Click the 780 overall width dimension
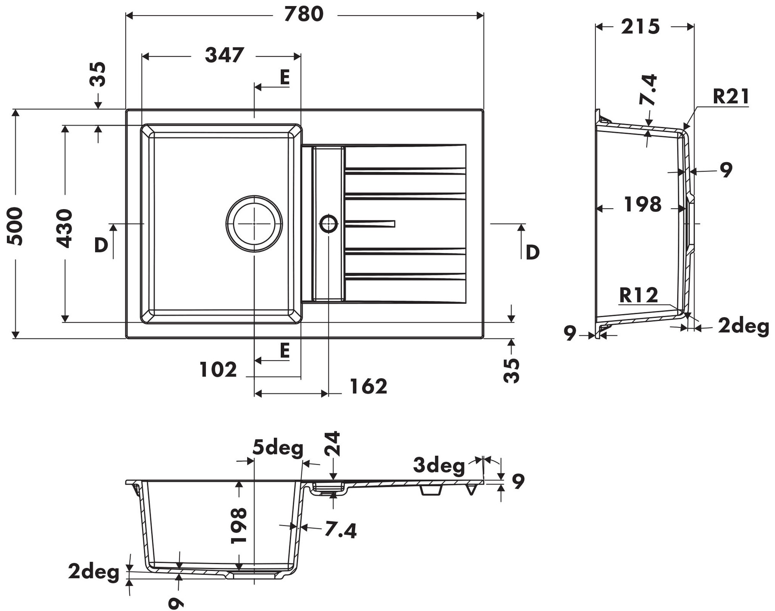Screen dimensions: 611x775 [304, 14]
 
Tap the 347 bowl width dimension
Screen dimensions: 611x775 [224, 55]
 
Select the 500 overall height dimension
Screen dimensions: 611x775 [15, 226]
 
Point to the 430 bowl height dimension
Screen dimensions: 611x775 [65, 228]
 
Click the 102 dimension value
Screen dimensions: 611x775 [218, 370]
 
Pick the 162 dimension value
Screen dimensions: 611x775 [368, 386]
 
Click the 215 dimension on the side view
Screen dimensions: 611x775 [640, 27]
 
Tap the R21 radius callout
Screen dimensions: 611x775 [731, 96]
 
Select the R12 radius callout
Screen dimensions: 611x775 [639, 295]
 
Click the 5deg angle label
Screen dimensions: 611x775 [278, 448]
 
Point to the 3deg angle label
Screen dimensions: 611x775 [439, 465]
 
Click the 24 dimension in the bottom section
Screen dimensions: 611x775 [333, 444]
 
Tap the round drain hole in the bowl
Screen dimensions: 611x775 [254, 223]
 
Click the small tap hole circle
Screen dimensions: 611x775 [329, 223]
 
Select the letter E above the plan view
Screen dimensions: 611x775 [284, 77]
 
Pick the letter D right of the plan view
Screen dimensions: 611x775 [533, 252]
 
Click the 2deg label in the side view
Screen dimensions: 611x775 [743, 326]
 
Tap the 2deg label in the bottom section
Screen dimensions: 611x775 [93, 572]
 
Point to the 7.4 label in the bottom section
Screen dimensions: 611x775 [340, 530]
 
